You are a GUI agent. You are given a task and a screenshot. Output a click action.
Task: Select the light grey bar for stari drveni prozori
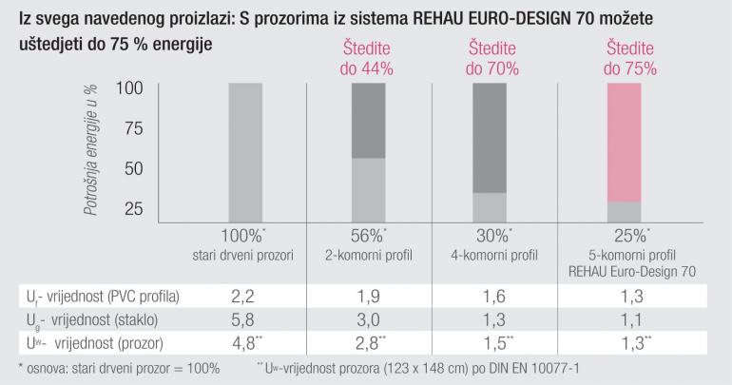pyautogui.click(x=245, y=152)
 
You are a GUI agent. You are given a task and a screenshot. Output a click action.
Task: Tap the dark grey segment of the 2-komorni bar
pyautogui.click(x=369, y=120)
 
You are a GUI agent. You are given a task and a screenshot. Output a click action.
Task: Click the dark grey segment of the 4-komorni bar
pyautogui.click(x=489, y=137)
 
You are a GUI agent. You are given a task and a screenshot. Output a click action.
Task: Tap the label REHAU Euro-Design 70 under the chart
pyautogui.click(x=628, y=270)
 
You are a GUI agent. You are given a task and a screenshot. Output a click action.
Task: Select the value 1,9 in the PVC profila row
pyautogui.click(x=367, y=296)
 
